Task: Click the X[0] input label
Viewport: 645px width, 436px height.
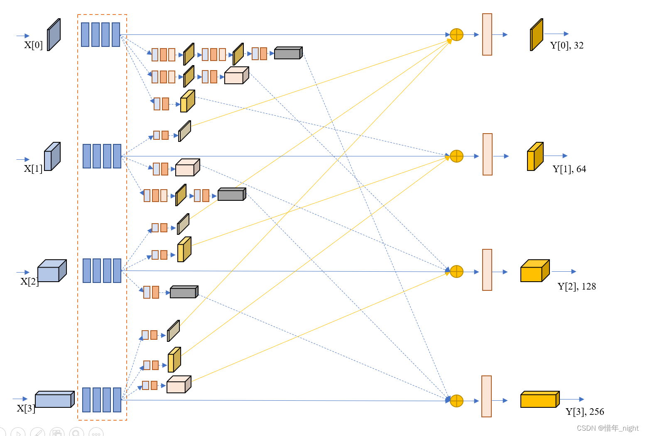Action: point(33,45)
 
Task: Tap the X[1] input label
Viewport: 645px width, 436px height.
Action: point(33,168)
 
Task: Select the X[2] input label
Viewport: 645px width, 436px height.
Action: point(29,281)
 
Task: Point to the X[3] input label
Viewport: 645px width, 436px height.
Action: point(25,408)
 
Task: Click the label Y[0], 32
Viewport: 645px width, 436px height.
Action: point(567,45)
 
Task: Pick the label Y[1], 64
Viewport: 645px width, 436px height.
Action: point(569,169)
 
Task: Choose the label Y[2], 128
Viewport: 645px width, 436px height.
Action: point(576,286)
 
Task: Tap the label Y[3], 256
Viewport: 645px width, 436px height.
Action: point(584,412)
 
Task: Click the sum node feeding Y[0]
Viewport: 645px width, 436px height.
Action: point(456,35)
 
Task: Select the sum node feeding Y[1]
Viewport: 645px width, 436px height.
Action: point(456,156)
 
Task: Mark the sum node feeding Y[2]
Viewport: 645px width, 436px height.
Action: point(456,272)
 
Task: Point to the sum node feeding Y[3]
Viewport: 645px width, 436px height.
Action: point(456,401)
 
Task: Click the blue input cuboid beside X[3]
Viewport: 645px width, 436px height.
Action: point(54,399)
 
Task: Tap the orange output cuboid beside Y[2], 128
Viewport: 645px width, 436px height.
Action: point(535,271)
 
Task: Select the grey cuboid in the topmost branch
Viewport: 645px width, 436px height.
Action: point(288,53)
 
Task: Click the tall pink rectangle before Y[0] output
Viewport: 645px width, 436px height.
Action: point(487,34)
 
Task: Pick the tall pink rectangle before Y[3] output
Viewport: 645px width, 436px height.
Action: point(486,396)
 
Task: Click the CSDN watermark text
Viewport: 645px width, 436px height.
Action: point(607,428)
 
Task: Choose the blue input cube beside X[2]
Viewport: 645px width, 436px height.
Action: point(52,271)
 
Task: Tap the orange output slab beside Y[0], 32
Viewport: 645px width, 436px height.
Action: point(537,35)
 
